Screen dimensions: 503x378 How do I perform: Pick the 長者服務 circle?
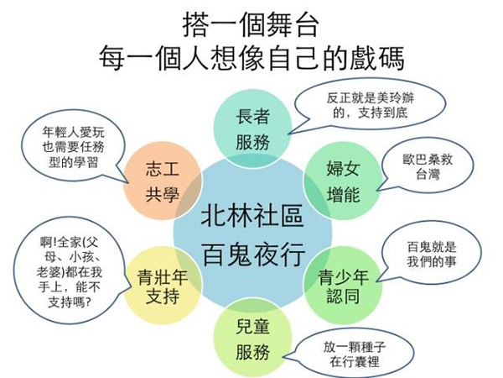(252, 129)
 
